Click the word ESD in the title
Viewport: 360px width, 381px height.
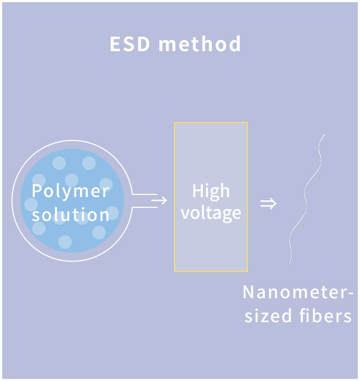(130, 44)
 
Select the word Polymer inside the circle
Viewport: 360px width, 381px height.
(70, 191)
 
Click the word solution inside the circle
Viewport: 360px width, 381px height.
(71, 214)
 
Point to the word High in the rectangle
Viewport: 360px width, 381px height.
(211, 191)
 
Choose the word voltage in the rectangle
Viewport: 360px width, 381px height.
(211, 213)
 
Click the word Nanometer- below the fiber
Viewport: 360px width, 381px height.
(298, 292)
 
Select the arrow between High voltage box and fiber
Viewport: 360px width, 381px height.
(268, 204)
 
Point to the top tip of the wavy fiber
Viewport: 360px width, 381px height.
(325, 133)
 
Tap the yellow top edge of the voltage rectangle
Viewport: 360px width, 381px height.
(211, 123)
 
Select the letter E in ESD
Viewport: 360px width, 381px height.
(115, 44)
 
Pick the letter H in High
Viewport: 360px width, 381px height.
(197, 191)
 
